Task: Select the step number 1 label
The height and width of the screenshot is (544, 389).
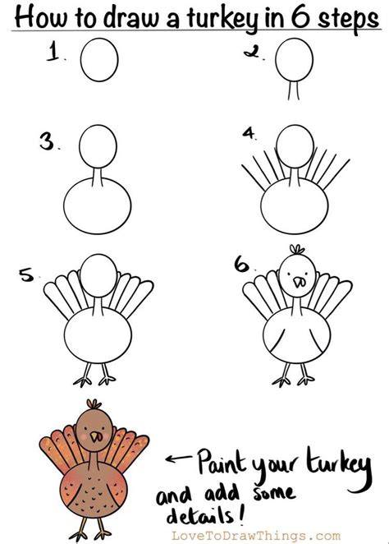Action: (x=53, y=51)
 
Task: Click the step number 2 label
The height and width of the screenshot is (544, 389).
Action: (x=252, y=52)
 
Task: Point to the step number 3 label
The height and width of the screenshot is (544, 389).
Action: (x=47, y=141)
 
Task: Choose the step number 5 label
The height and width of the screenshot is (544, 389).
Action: (x=26, y=275)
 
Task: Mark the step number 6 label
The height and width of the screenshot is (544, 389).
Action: (x=242, y=265)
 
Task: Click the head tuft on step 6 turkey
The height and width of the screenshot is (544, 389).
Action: (x=297, y=250)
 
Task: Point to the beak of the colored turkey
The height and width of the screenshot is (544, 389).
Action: (x=96, y=437)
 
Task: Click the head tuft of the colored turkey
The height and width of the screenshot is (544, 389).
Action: (x=94, y=404)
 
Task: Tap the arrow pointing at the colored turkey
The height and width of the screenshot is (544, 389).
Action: (x=178, y=459)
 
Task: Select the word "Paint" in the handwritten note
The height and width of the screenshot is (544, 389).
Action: (x=221, y=462)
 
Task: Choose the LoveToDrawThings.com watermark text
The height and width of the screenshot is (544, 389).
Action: (x=255, y=536)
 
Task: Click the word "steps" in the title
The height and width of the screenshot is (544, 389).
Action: (x=349, y=20)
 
